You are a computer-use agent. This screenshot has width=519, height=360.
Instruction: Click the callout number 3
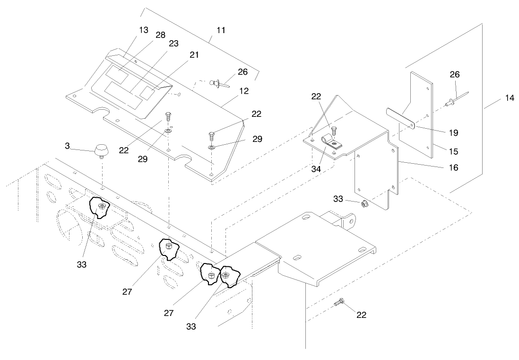(68, 147)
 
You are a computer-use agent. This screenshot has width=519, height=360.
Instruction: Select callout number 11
(221, 30)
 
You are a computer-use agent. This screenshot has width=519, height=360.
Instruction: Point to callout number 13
(144, 30)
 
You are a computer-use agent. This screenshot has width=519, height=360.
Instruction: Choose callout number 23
(173, 44)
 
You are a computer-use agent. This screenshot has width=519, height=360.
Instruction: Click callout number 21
(194, 55)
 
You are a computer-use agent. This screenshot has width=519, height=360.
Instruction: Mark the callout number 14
(509, 98)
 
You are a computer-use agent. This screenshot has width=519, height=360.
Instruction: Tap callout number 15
(453, 152)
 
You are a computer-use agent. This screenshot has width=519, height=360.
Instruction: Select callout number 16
(453, 167)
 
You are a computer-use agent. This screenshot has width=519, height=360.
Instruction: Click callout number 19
(453, 133)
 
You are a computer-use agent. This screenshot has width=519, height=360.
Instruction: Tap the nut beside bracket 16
(364, 204)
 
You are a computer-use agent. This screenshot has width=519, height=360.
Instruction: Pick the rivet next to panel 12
(217, 84)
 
